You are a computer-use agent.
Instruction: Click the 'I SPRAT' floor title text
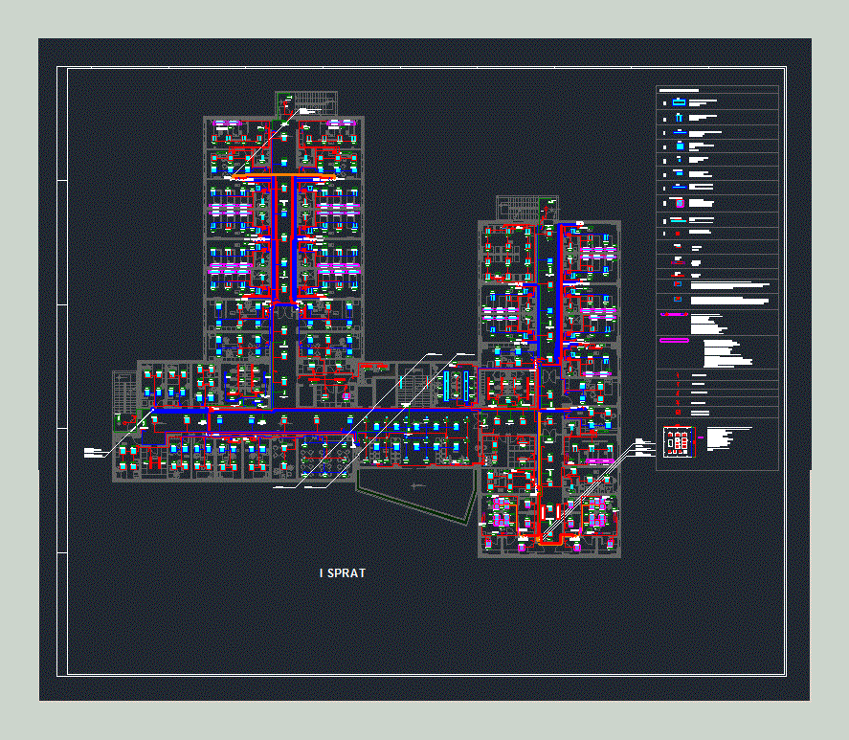[342, 573]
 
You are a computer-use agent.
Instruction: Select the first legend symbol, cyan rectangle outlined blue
[679, 102]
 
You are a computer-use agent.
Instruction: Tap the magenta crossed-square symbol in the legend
[679, 204]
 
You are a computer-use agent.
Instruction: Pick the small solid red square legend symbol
[678, 233]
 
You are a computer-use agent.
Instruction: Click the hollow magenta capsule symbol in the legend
[675, 340]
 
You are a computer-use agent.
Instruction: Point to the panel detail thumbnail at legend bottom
[678, 441]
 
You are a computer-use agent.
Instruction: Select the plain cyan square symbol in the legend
[679, 146]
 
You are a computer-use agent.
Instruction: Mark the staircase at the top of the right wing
[518, 207]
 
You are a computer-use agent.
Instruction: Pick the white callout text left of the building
[93, 452]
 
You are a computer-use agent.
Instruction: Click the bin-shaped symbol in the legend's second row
[679, 118]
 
